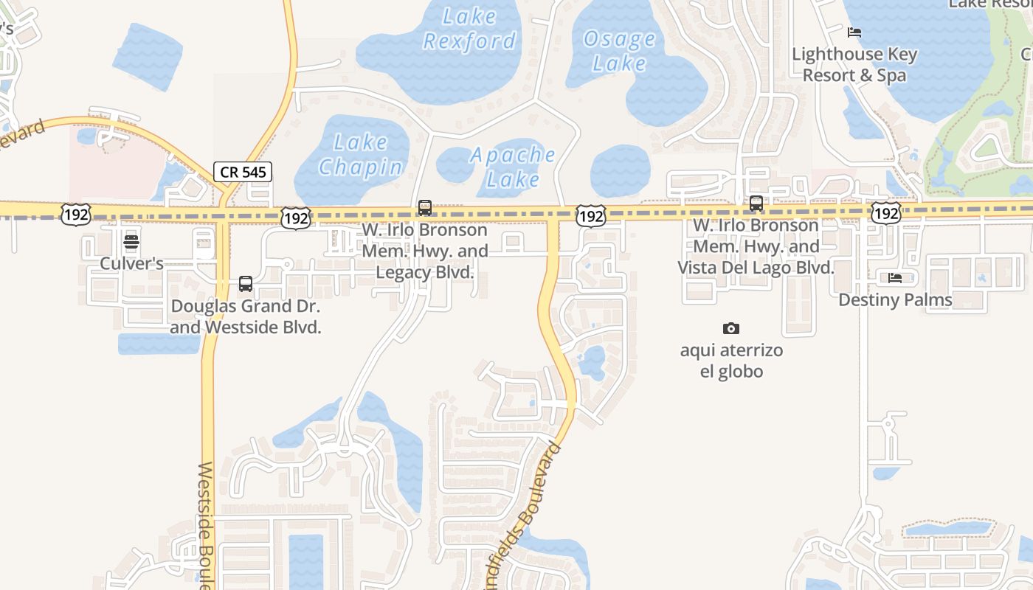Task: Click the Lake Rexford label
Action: pos(469,28)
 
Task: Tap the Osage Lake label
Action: pos(619,51)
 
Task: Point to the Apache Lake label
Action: pos(513,167)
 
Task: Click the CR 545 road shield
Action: pos(243,173)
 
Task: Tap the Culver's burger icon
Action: pos(131,241)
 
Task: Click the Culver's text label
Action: pos(131,263)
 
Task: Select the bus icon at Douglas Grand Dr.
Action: pos(246,283)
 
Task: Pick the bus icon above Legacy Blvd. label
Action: pos(425,207)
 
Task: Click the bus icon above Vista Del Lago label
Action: pos(756,204)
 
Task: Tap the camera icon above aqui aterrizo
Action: pos(731,328)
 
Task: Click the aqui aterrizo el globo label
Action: pos(731,361)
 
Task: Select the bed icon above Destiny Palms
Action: pos(895,278)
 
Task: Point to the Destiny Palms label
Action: pos(895,300)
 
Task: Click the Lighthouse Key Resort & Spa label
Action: pos(854,65)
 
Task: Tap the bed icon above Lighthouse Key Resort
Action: pos(854,32)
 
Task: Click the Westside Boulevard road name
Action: pos(207,524)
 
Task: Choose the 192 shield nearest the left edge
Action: pos(76,215)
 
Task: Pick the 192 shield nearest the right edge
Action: pos(885,213)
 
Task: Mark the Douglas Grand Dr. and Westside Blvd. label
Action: pos(246,316)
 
